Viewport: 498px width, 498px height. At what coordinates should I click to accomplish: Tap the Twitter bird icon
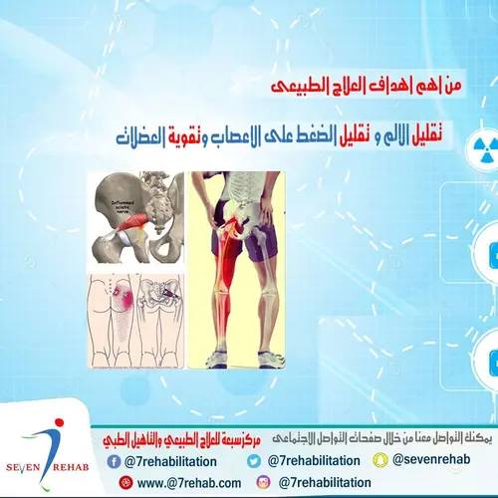point(254,461)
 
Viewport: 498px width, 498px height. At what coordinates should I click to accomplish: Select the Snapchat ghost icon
point(381,461)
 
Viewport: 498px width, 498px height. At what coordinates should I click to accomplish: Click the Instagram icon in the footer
point(264,482)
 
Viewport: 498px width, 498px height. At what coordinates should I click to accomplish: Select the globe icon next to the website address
point(125,482)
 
